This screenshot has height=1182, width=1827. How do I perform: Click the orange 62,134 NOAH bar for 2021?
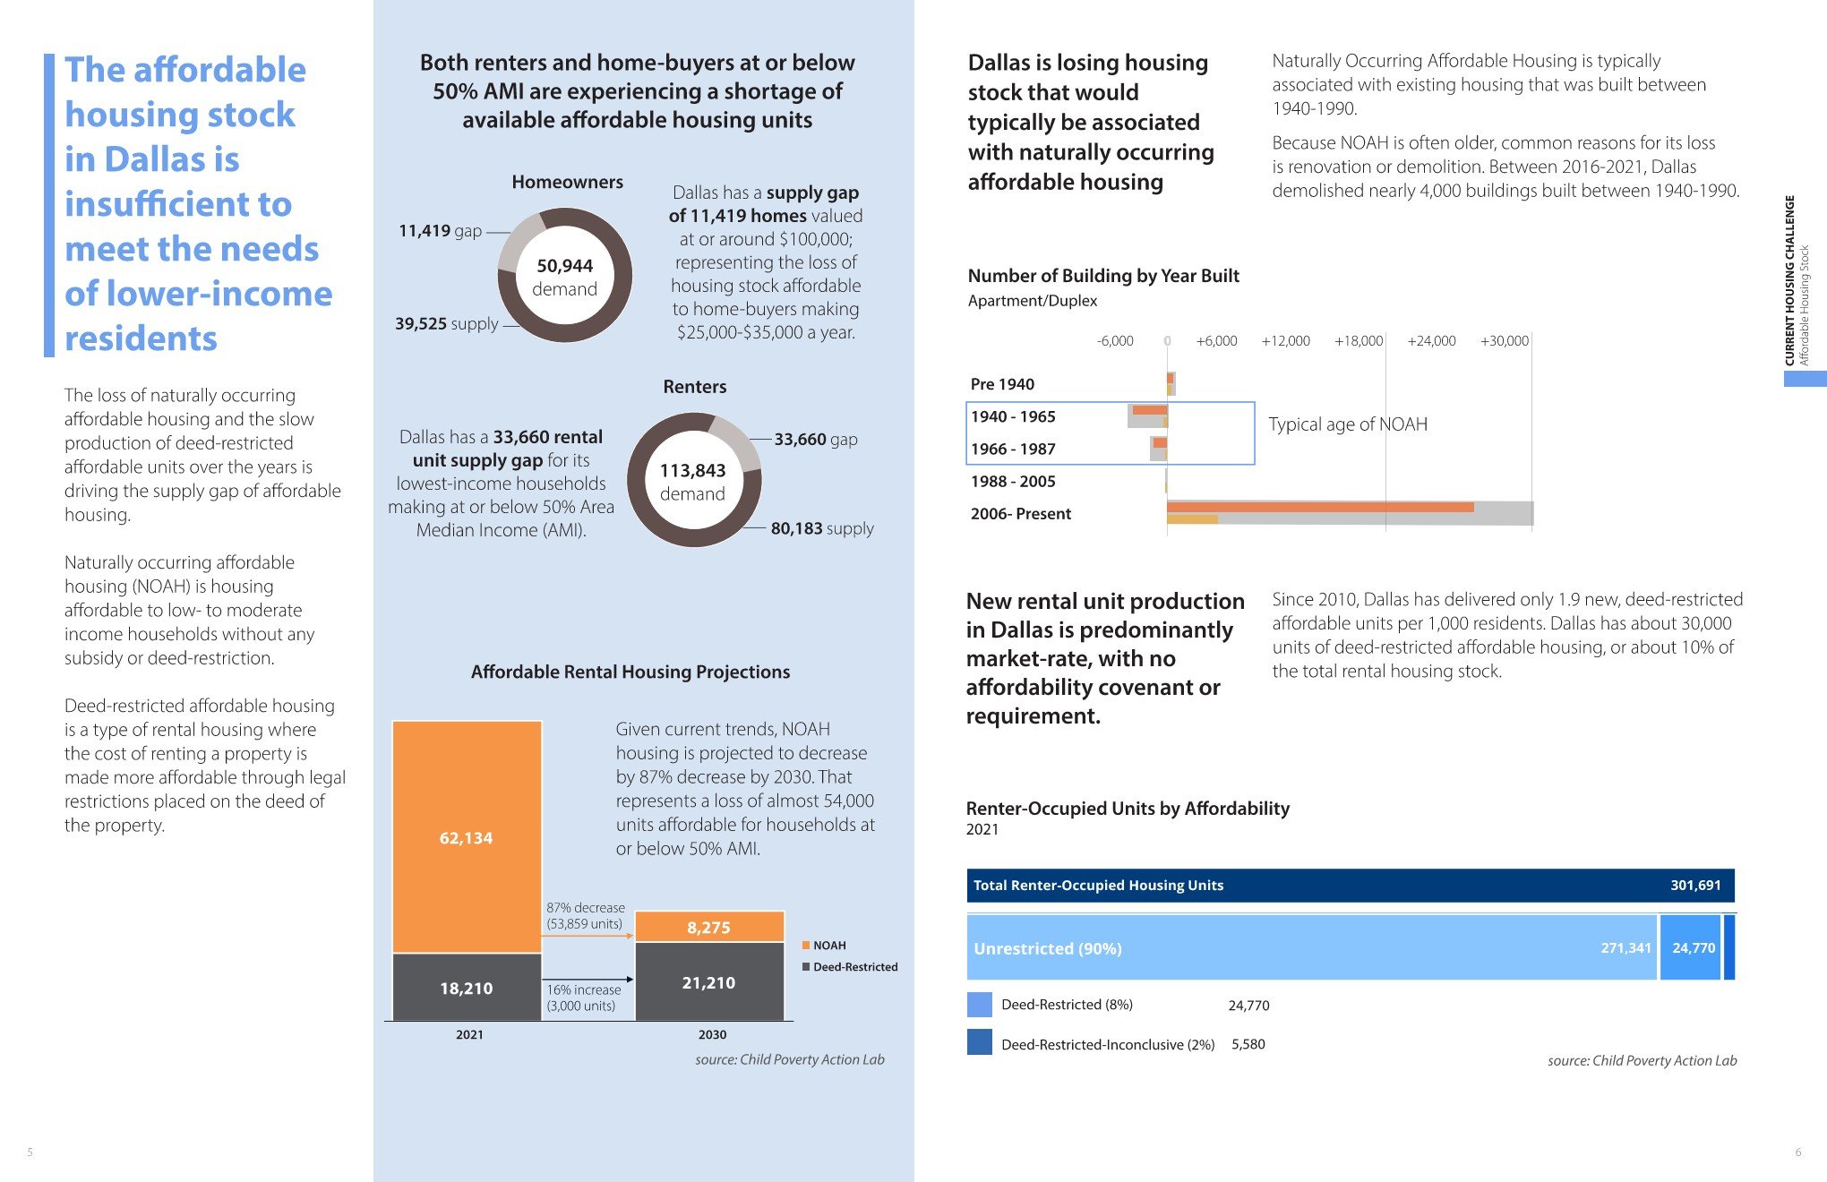click(x=467, y=836)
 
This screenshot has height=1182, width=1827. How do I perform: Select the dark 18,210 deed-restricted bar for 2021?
click(x=467, y=988)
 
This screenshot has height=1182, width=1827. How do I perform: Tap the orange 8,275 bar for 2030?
click(x=708, y=927)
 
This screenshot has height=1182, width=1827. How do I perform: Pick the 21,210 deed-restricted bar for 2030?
click(x=708, y=982)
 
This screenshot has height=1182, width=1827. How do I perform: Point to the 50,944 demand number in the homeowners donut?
click(x=564, y=266)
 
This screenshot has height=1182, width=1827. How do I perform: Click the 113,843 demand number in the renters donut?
click(x=692, y=471)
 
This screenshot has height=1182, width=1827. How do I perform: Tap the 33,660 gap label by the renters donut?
click(x=815, y=440)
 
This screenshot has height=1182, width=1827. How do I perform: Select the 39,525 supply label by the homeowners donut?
click(x=446, y=324)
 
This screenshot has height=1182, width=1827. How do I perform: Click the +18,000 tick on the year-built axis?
click(x=1358, y=341)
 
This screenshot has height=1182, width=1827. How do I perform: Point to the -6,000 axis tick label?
click(x=1115, y=341)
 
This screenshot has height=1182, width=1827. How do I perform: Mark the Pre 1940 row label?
click(x=1002, y=384)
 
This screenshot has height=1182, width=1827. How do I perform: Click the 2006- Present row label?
click(x=1020, y=514)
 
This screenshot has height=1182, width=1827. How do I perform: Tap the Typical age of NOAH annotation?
click(x=1347, y=424)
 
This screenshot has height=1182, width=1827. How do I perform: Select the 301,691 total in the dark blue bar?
click(x=1694, y=886)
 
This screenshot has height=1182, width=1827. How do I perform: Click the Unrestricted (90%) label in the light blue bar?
click(x=1047, y=948)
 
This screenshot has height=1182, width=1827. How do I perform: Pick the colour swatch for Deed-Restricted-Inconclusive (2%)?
click(x=979, y=1042)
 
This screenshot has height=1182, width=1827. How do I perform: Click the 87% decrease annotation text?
click(x=586, y=908)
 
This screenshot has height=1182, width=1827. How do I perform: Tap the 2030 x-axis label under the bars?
click(x=712, y=1035)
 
